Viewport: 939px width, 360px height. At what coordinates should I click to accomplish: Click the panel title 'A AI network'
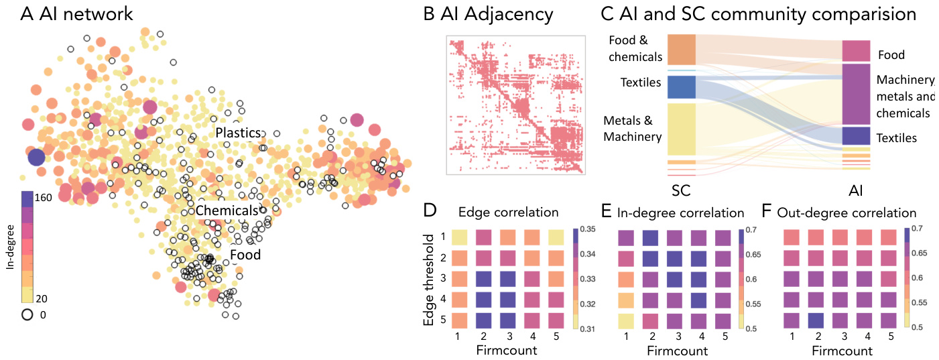click(x=76, y=13)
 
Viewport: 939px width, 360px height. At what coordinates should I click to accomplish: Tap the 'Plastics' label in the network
click(x=237, y=133)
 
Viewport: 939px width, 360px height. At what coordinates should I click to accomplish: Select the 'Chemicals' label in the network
click(x=227, y=211)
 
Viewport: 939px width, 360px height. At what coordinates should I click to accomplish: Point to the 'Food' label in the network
click(x=245, y=255)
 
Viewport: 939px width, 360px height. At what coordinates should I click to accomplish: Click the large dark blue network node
click(x=37, y=158)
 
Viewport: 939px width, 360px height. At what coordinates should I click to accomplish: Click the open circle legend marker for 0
click(x=27, y=314)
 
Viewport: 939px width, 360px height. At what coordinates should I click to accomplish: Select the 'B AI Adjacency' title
click(x=489, y=13)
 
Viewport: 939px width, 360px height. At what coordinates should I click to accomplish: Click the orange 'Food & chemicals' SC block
click(x=681, y=49)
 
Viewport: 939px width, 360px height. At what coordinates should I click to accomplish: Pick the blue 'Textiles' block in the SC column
click(x=681, y=87)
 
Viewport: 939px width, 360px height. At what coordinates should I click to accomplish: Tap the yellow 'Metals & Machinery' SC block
click(x=681, y=129)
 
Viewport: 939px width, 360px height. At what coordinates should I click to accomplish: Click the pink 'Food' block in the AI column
click(x=856, y=51)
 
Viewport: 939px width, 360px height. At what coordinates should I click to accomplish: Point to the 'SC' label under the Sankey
click(x=682, y=190)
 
